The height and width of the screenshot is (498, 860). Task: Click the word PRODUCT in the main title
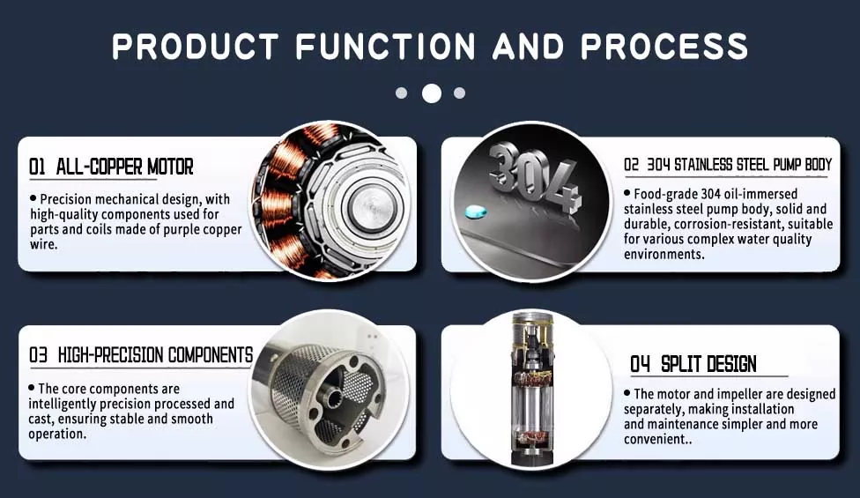[196, 46]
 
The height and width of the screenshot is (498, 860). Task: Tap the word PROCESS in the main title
[664, 46]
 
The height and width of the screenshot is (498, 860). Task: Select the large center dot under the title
[432, 93]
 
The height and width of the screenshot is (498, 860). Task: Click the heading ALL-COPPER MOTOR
[124, 167]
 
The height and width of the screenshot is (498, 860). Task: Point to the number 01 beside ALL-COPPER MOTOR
[37, 167]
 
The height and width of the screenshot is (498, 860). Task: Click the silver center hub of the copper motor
[370, 207]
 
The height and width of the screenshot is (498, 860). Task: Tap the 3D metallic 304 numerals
[533, 175]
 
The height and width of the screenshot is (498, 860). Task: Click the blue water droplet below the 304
[476, 212]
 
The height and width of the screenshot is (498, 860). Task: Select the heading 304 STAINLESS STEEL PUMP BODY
[739, 165]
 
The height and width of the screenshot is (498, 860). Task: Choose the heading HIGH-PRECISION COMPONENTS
[155, 355]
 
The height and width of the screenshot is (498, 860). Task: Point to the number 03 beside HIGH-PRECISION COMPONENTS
[38, 355]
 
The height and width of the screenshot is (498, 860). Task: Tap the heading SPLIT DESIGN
[708, 364]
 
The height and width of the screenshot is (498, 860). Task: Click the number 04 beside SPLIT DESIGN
[640, 364]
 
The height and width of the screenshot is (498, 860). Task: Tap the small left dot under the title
[402, 93]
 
